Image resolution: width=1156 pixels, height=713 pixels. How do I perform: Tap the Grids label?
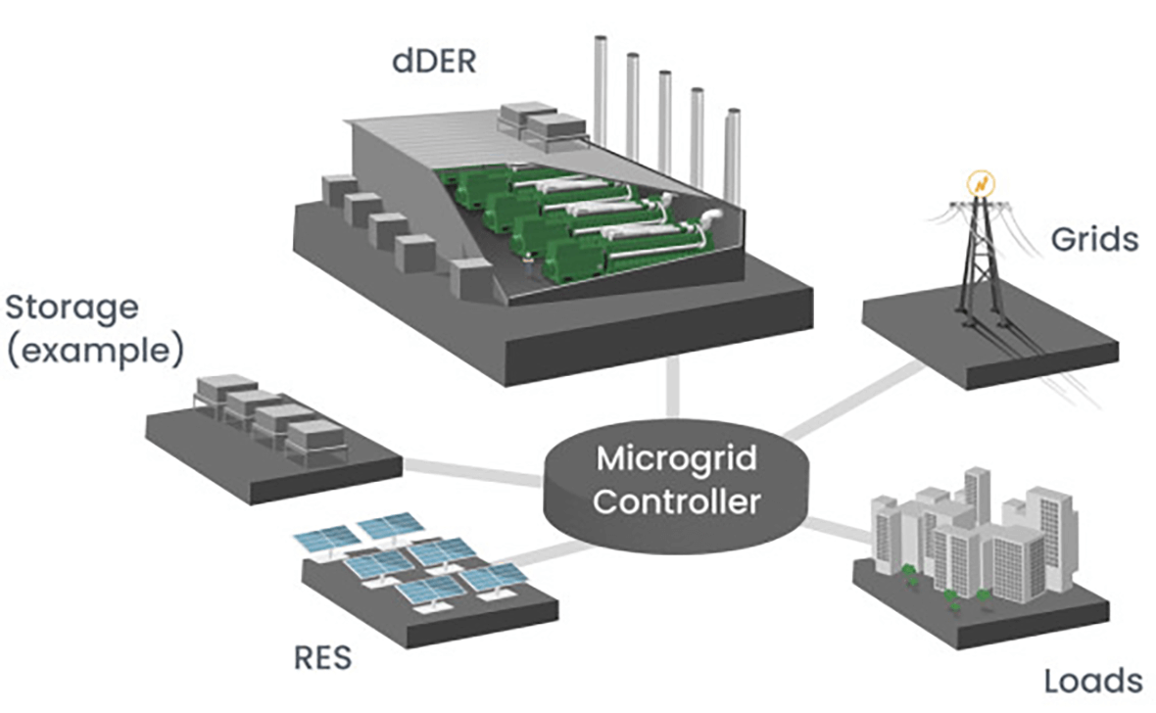[x=1094, y=238]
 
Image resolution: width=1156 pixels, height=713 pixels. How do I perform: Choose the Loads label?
[x=1092, y=681]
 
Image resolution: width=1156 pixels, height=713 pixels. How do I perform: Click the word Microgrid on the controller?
[x=677, y=457]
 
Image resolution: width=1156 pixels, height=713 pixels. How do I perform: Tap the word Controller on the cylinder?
[x=677, y=501]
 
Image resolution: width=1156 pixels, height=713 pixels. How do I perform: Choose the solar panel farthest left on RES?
[x=327, y=539]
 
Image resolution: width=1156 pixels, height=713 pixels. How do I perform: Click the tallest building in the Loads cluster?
[x=977, y=499]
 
